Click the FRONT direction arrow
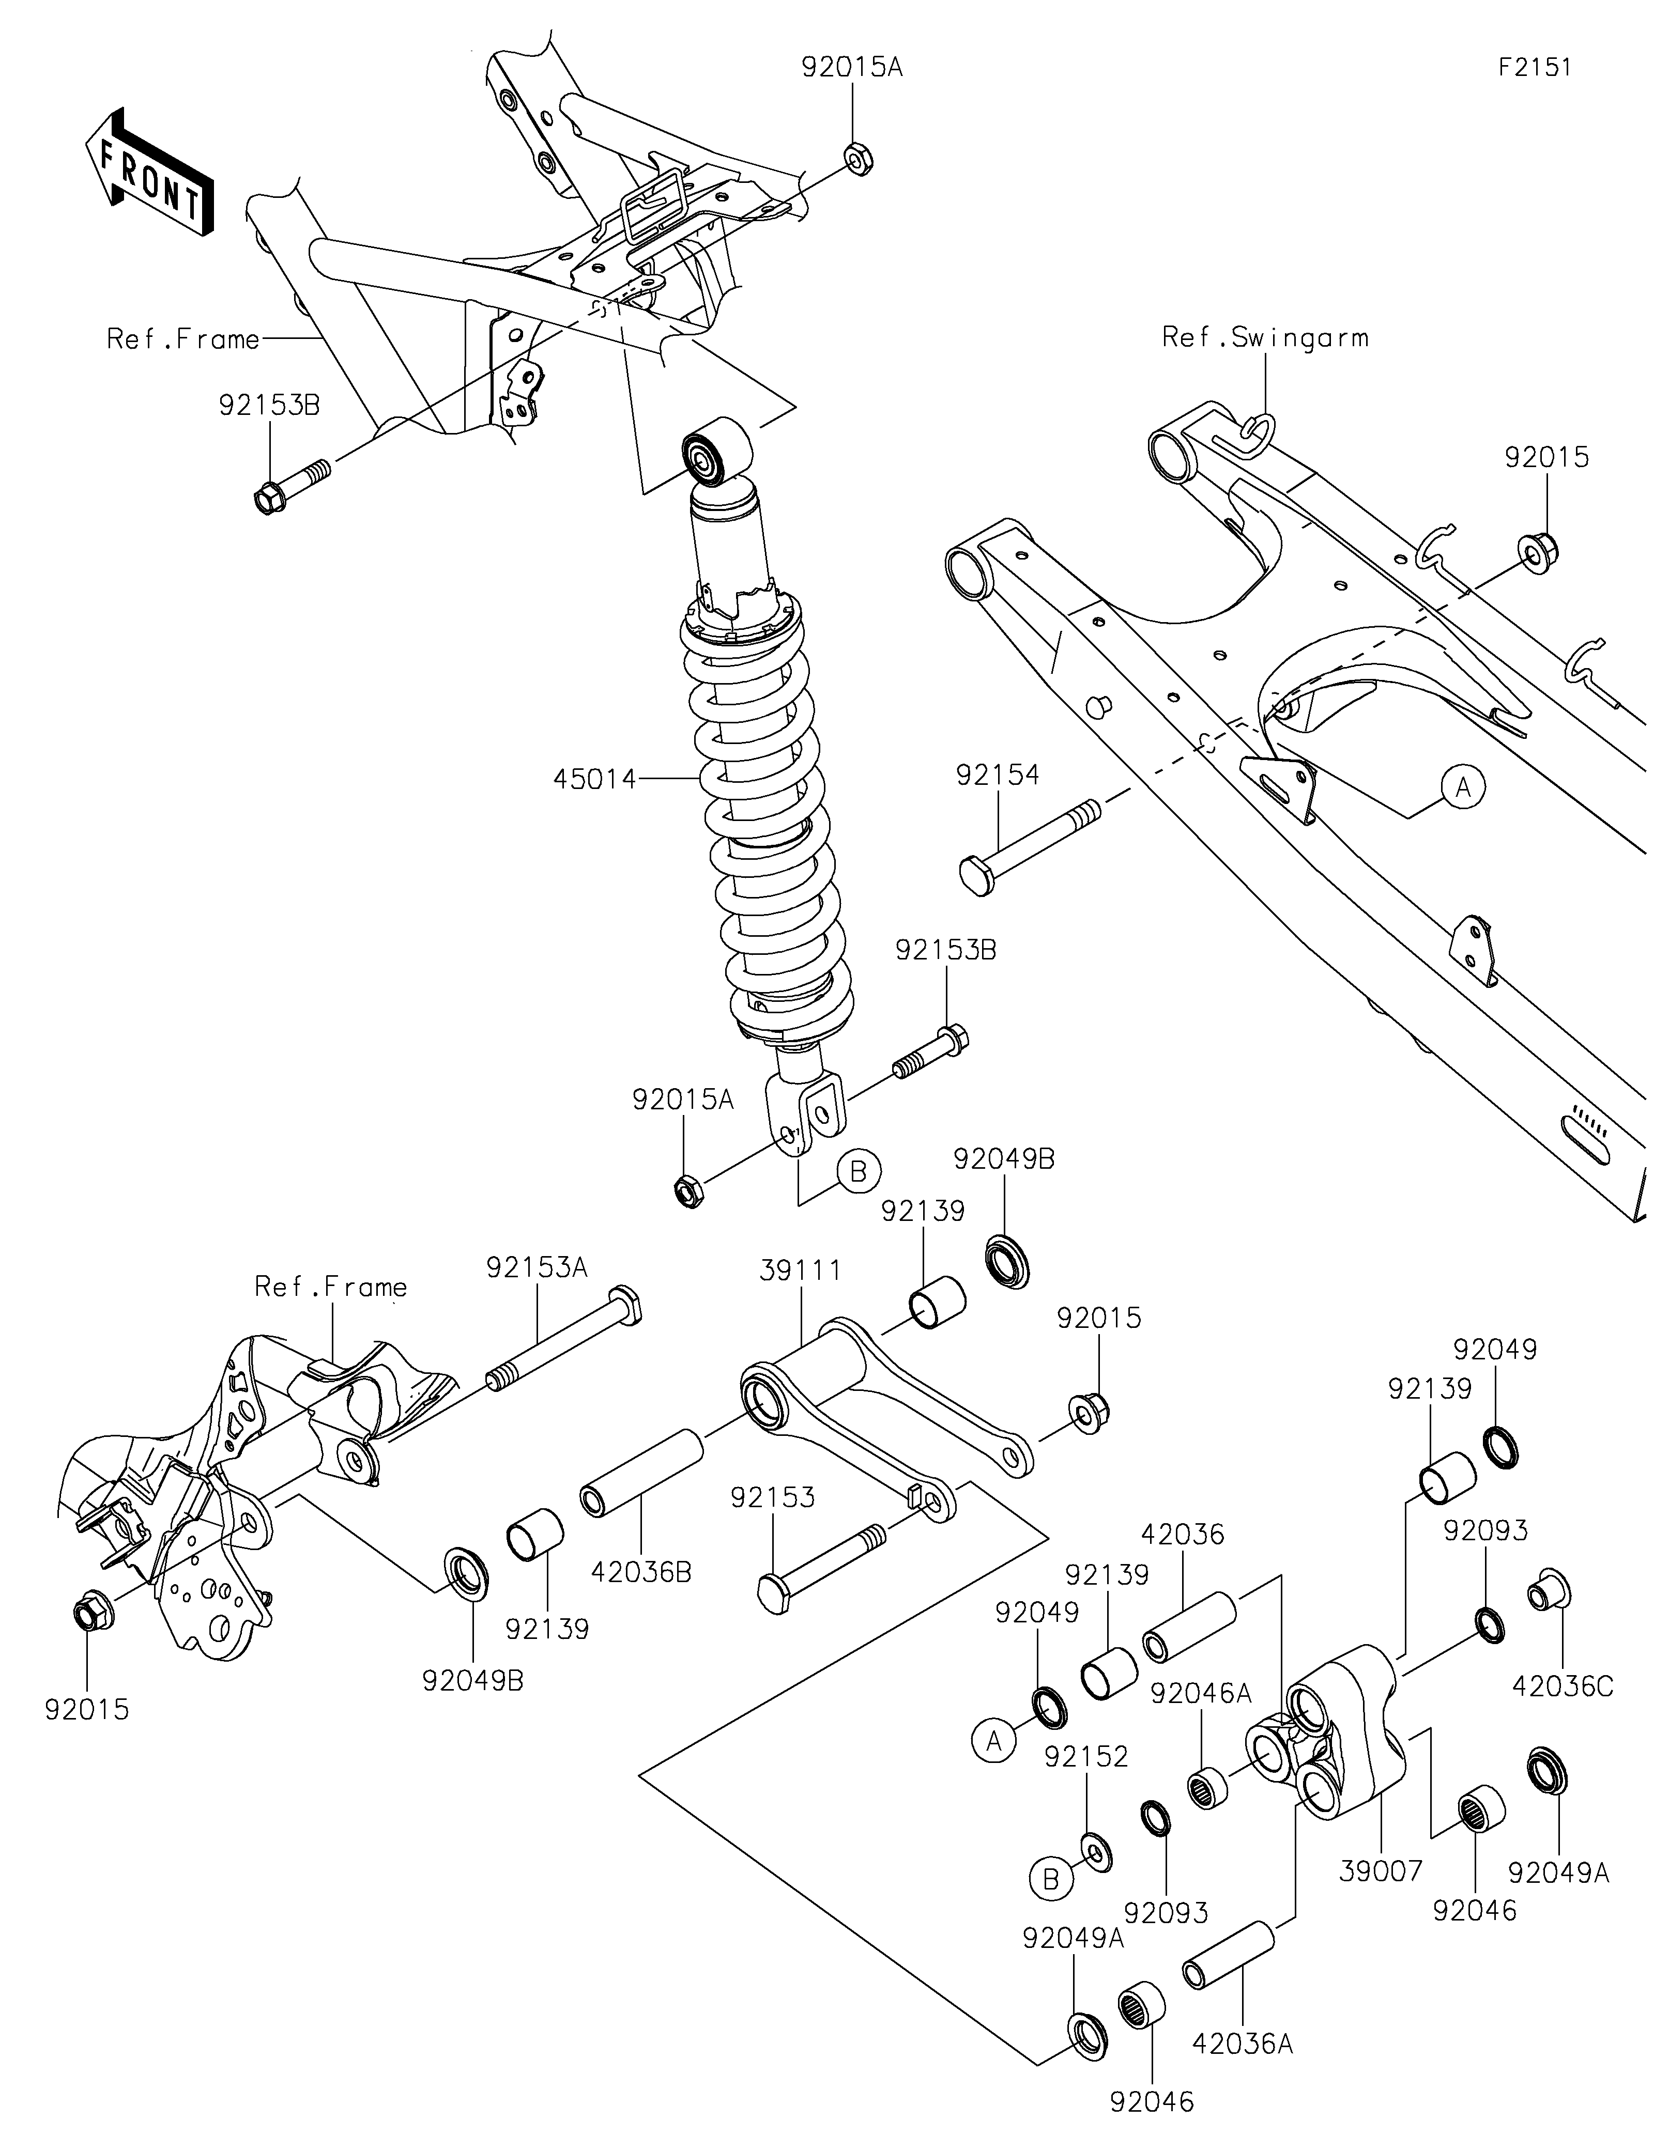pyautogui.click(x=150, y=171)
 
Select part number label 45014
pyautogui.click(x=595, y=780)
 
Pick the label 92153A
pyautogui.click(x=537, y=1267)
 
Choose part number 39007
pyautogui.click(x=1380, y=1871)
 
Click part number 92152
pyautogui.click(x=1086, y=1757)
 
